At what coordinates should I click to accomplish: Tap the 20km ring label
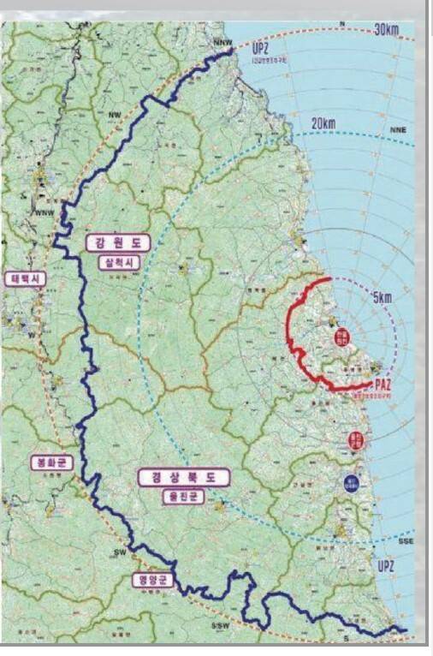[x=323, y=123]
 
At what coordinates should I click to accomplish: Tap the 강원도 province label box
[x=117, y=243]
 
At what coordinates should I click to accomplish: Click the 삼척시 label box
[x=117, y=260]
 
